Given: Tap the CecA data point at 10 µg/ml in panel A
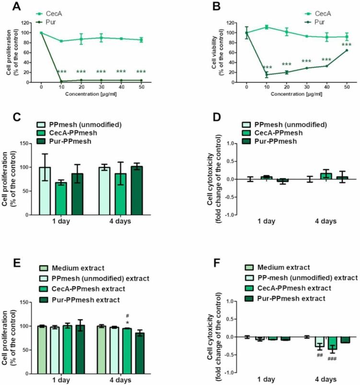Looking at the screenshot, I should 61,41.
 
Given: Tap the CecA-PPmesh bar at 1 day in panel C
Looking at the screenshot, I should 60,198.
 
